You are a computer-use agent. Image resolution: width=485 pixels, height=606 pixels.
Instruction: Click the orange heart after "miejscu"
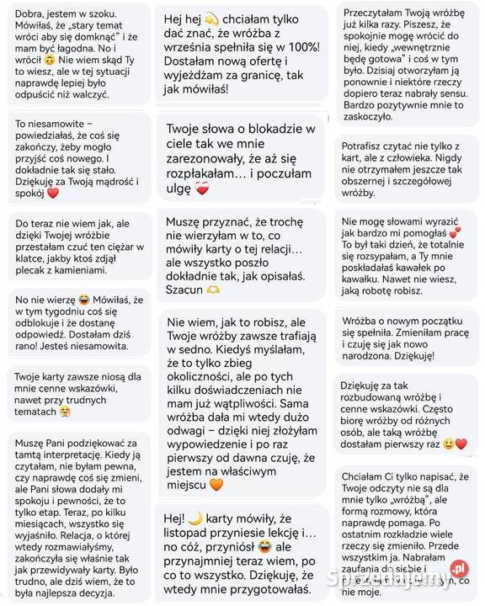216,485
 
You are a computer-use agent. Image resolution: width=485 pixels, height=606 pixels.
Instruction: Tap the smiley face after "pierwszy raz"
448,443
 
